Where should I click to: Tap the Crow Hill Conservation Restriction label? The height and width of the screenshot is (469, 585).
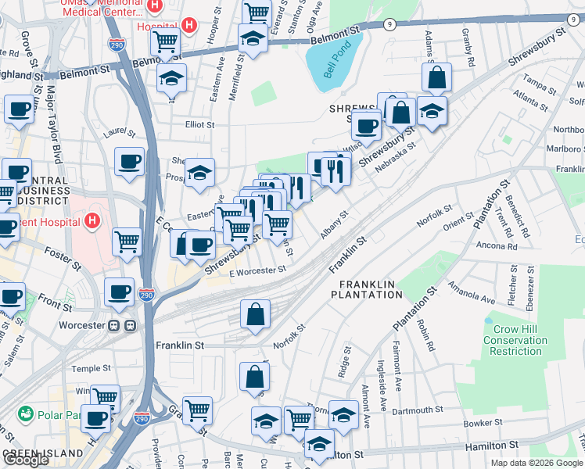(515, 341)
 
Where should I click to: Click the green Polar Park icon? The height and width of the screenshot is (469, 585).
(26, 413)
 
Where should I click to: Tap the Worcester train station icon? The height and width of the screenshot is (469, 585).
(119, 324)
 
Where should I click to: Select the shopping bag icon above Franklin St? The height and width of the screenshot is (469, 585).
(256, 315)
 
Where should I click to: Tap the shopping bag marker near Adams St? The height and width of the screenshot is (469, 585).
(436, 77)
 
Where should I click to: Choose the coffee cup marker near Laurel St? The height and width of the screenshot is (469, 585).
(130, 162)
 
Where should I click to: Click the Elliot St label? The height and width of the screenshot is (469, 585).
(199, 124)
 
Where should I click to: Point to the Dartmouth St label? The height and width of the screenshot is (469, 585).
(418, 410)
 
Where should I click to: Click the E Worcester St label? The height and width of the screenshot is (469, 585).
(258, 270)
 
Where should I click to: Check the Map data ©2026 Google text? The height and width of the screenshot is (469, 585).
(536, 463)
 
